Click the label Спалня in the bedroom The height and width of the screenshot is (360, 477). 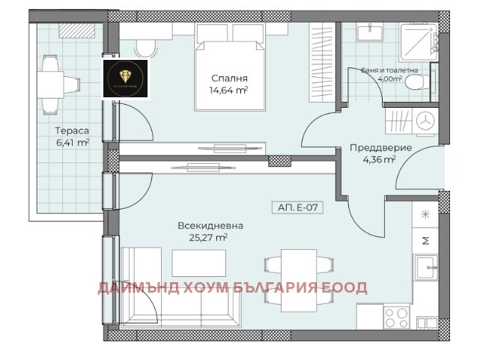[x=229, y=79]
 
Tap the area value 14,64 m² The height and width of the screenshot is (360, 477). [x=229, y=91]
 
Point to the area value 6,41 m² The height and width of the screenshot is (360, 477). [x=71, y=141]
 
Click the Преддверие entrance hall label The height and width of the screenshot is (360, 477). [x=380, y=147]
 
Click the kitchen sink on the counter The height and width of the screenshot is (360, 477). [x=426, y=266]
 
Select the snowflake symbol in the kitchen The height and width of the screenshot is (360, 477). [x=425, y=215]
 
